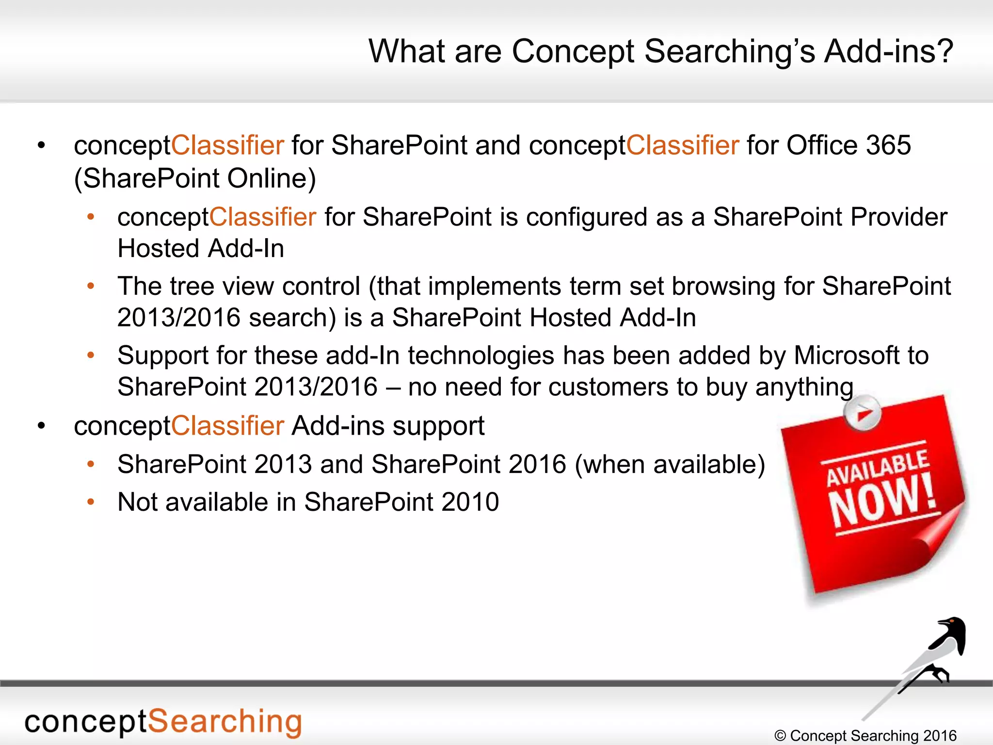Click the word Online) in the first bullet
pos(272,178)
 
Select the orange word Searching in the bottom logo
pos(224,722)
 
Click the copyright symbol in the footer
pos(780,736)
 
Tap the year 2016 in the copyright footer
pos(940,736)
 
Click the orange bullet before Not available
pos(91,502)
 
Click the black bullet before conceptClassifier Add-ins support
pos(42,426)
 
